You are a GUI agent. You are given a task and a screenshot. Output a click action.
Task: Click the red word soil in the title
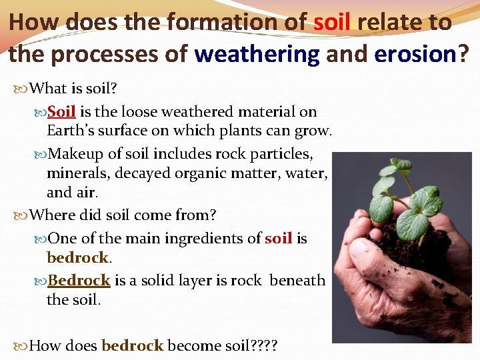(332, 22)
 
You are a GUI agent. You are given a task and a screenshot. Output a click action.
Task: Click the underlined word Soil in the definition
(61, 112)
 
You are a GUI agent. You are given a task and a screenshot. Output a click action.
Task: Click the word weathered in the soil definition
(176, 112)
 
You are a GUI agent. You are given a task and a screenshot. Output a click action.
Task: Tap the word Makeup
(77, 154)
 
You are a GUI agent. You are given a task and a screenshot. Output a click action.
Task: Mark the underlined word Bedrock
(79, 281)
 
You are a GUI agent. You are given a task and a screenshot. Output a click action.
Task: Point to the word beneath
(297, 281)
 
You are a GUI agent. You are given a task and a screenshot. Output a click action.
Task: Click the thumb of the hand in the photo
(365, 254)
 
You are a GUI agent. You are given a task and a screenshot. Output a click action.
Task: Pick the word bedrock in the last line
(132, 345)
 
